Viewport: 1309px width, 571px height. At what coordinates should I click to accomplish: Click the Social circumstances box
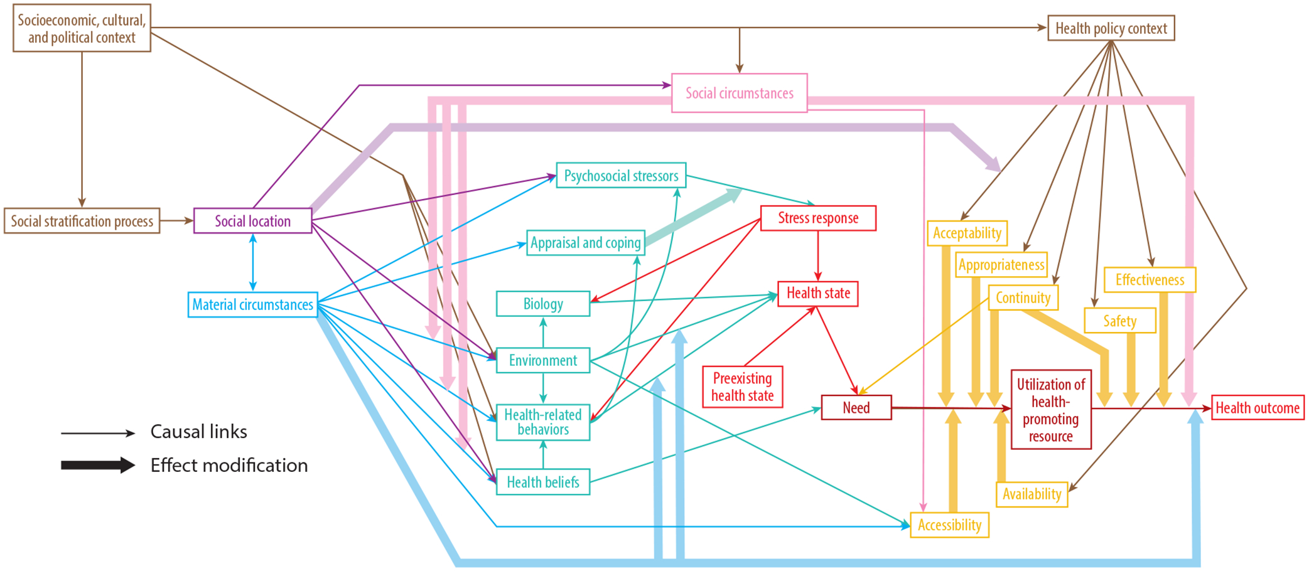click(739, 93)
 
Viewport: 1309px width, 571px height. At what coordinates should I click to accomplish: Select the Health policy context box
click(1111, 28)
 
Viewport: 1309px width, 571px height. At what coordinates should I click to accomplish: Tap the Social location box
click(252, 221)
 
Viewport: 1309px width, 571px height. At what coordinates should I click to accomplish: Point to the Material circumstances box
click(252, 304)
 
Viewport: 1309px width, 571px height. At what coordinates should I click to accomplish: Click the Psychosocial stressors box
click(621, 176)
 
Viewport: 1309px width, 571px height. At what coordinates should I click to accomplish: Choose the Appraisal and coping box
click(585, 243)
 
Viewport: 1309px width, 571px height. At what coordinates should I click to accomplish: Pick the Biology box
click(543, 304)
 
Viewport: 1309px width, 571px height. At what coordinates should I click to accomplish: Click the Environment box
click(543, 360)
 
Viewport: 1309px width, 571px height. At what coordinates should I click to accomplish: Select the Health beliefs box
click(543, 482)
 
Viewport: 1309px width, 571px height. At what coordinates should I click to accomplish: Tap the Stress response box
click(818, 218)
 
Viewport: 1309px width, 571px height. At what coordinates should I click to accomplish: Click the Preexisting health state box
click(742, 387)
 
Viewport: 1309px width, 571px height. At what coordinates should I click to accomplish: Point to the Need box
click(856, 407)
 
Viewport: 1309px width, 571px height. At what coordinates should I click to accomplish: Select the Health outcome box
click(1257, 408)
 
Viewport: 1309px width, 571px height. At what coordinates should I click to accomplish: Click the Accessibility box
click(949, 525)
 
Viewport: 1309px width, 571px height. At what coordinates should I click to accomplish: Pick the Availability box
click(1032, 494)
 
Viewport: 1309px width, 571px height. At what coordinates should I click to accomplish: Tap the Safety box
click(1119, 321)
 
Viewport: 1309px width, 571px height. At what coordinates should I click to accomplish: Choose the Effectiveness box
click(1150, 280)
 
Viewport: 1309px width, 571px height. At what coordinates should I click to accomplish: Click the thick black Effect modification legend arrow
click(97, 465)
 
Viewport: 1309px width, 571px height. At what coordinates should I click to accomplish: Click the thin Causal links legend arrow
click(97, 433)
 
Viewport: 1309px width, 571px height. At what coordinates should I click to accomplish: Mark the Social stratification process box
click(82, 221)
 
